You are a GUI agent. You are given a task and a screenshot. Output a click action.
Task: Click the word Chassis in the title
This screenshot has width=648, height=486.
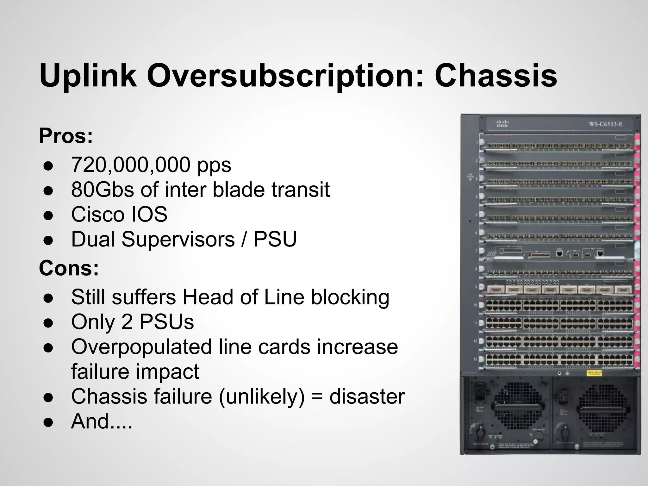(x=495, y=76)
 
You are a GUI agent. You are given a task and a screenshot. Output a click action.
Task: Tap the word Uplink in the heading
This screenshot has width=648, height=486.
(x=88, y=76)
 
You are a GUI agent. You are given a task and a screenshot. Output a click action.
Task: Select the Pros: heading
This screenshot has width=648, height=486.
(x=66, y=136)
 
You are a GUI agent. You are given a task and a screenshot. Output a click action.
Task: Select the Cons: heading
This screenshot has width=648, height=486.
(x=69, y=268)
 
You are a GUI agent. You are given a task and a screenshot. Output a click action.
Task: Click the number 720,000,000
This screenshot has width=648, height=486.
(x=131, y=165)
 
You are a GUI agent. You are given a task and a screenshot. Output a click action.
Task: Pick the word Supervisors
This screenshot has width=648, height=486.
(x=178, y=239)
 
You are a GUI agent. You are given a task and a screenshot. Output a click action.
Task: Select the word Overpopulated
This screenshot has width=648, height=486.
(x=141, y=347)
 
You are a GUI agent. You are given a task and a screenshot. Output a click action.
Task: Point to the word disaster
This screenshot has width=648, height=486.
(x=367, y=396)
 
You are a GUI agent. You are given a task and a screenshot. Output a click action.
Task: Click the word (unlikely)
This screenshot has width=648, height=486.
(x=262, y=396)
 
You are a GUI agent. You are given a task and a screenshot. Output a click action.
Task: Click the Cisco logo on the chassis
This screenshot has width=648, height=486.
(x=502, y=123)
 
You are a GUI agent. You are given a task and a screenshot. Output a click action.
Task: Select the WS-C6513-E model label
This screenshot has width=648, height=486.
(x=606, y=124)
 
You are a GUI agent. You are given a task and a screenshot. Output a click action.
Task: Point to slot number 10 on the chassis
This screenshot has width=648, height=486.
(x=475, y=305)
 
